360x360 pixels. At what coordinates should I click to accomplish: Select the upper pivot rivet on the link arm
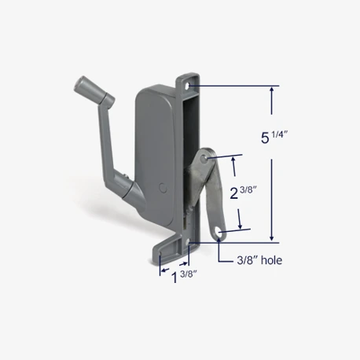click(x=205, y=159)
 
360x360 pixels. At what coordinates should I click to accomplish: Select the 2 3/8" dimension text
click(x=244, y=193)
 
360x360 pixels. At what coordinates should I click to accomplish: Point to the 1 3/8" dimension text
click(x=178, y=276)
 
